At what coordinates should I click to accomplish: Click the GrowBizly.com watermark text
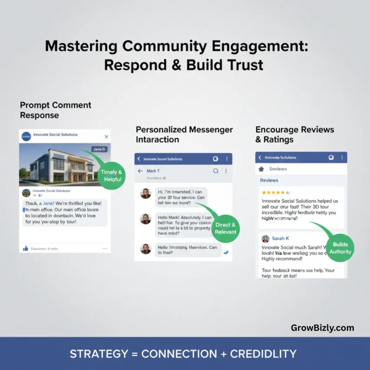coord(322,328)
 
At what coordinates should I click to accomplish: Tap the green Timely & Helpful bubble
coord(111,175)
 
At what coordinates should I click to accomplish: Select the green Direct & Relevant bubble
coord(225,228)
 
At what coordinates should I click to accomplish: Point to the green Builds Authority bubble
coord(340,248)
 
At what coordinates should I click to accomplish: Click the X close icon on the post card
coord(106,137)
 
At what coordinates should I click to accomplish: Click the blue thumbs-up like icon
coord(26,249)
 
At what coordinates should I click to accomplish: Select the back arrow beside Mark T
coord(140,171)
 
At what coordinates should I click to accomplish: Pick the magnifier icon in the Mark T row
coord(216,171)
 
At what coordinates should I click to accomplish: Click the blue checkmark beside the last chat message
coord(226,252)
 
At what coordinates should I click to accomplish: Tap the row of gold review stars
coord(276,193)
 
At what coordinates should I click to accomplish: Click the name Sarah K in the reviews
coord(280,238)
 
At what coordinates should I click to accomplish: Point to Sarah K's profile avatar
coord(266,238)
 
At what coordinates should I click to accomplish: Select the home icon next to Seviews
coord(261,169)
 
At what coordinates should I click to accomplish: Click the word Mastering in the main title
coord(81,47)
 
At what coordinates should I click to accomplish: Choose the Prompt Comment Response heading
coord(55,110)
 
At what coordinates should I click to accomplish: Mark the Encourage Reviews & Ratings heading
coord(294,134)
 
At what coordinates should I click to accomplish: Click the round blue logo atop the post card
coord(26,136)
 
